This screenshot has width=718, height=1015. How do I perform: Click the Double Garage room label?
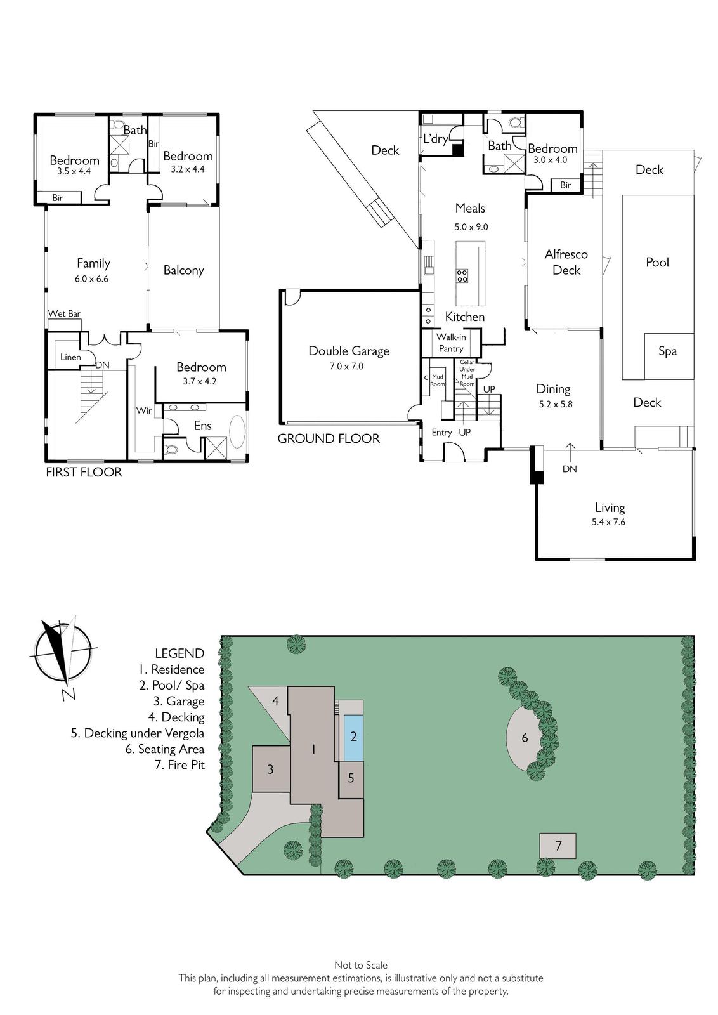[x=349, y=351]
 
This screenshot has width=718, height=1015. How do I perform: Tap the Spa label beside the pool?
[x=668, y=351]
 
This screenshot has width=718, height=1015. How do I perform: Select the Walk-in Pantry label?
[x=451, y=343]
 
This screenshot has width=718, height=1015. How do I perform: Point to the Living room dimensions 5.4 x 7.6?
[x=608, y=522]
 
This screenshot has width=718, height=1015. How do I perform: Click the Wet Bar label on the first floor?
[x=64, y=313]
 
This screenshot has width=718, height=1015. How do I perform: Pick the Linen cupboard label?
[x=70, y=357]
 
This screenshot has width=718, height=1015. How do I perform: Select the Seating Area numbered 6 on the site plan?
[x=524, y=737]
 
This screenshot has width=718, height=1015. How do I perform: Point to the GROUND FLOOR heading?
[x=329, y=438]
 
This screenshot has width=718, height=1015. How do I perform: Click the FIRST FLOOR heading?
[x=84, y=473]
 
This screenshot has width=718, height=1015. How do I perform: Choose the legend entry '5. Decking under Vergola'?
[x=138, y=733]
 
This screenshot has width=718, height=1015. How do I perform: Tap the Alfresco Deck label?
[x=566, y=263]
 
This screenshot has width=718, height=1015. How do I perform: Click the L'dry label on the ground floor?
[x=435, y=139]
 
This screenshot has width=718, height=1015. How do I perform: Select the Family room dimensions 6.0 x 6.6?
[x=91, y=279]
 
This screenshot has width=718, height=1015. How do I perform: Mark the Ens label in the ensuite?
[x=202, y=426]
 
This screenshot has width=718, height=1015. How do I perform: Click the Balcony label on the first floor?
[x=183, y=270]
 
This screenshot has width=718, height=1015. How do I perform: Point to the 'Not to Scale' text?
[x=361, y=965]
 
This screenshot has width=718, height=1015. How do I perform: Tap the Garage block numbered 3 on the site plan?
[x=271, y=769]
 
